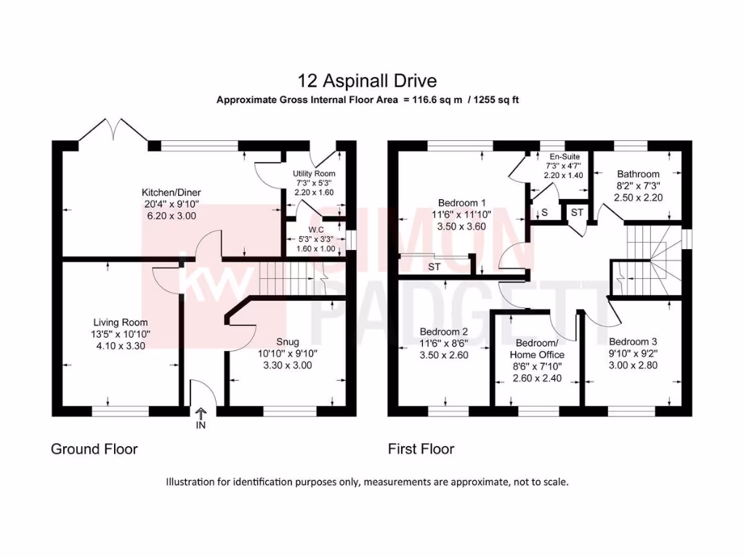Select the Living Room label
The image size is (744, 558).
[120, 323]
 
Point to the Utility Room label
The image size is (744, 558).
[314, 174]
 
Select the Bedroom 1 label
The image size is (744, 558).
[461, 203]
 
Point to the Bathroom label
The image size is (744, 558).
[638, 174]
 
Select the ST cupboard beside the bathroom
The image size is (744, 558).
[577, 212]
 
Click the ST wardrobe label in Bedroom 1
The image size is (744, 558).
[434, 267]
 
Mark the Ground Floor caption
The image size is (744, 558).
[94, 449]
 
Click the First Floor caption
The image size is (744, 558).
[421, 449]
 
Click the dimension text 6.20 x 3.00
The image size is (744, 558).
[170, 216]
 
